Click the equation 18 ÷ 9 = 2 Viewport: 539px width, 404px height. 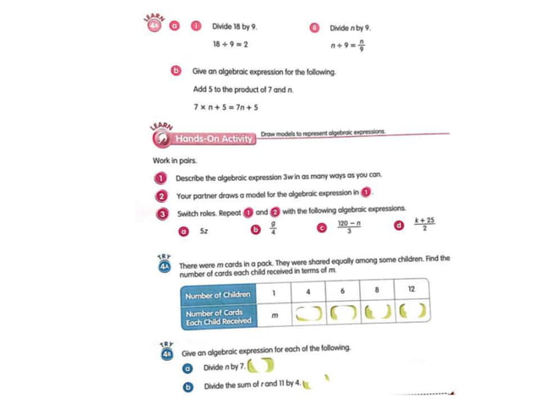(x=230, y=43)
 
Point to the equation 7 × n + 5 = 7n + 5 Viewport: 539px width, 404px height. (x=226, y=107)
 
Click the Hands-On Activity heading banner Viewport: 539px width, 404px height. (x=213, y=139)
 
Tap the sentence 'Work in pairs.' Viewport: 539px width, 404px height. (x=175, y=160)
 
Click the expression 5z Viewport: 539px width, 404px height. (x=204, y=230)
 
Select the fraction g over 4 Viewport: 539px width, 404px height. (x=272, y=228)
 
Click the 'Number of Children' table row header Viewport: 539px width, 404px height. (x=218, y=294)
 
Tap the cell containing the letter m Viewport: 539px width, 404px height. (x=275, y=316)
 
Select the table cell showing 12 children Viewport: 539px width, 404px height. (x=411, y=292)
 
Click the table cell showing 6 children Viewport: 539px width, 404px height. (x=343, y=292)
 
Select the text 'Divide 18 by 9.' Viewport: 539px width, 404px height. (x=235, y=26)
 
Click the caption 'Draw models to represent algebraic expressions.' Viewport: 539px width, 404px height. (x=323, y=133)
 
